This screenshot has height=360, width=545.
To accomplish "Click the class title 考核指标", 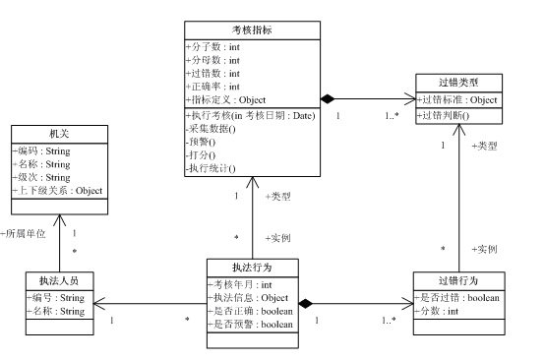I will coord(252,30).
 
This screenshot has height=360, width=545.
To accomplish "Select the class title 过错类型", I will coord(446,82).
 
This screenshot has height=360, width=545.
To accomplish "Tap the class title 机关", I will coord(59,134).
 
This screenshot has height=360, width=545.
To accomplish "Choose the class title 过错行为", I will coord(446,282).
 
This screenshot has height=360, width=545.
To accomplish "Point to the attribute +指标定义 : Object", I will coord(225,99).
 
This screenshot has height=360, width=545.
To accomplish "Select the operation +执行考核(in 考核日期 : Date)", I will coord(249,116).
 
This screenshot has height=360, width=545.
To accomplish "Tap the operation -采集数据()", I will coord(211,129).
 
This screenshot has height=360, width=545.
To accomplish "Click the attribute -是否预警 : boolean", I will coord(250,324).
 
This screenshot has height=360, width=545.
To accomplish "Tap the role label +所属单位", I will coord(26,234).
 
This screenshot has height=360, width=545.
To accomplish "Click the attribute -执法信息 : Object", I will coord(248,298).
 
